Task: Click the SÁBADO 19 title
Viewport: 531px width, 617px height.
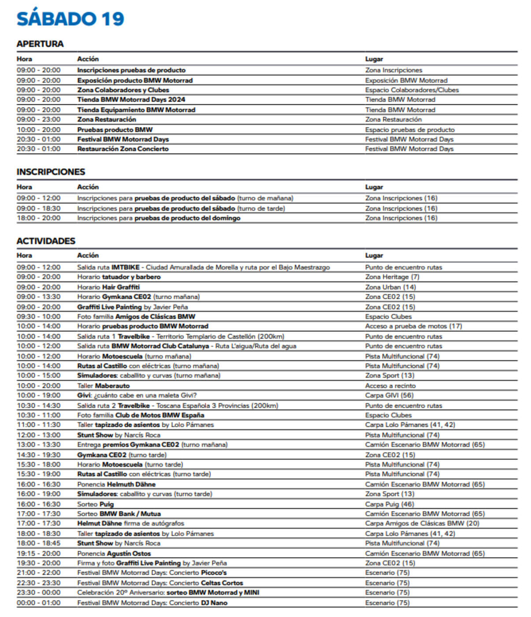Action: click(71, 19)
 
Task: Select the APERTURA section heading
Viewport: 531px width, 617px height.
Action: click(40, 44)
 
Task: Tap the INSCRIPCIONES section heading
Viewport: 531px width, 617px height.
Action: click(51, 172)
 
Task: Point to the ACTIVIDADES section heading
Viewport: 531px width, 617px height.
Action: click(46, 241)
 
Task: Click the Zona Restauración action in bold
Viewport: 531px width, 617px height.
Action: click(107, 119)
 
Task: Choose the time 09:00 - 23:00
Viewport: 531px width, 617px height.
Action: click(39, 119)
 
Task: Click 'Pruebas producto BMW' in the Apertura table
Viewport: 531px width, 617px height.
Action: click(115, 130)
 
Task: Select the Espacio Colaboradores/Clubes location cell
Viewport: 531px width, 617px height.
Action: click(412, 90)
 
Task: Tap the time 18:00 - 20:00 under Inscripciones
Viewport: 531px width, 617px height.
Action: click(39, 218)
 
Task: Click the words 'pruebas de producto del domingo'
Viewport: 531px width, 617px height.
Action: click(187, 218)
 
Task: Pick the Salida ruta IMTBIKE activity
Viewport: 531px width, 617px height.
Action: click(203, 267)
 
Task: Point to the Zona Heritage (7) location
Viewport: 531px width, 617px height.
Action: click(392, 277)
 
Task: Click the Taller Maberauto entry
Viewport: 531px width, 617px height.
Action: click(104, 386)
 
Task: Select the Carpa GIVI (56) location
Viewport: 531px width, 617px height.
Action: click(389, 395)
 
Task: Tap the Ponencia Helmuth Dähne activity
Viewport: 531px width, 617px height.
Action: click(116, 484)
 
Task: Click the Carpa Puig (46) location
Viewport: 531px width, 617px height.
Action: click(390, 504)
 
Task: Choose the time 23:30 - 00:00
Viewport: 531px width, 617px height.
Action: click(39, 593)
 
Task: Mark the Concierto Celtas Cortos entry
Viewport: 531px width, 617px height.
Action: click(160, 583)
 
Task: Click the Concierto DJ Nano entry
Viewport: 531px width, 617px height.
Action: click(152, 603)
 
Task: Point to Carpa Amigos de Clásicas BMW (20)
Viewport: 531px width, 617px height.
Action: click(422, 524)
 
